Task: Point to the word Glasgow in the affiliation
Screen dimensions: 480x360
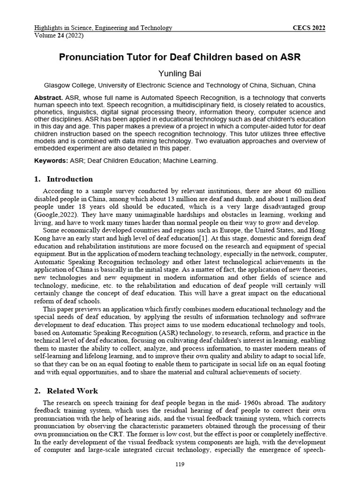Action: [x=57, y=85]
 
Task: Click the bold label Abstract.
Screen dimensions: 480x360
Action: [x=49, y=97]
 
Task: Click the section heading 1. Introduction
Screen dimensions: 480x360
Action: [x=64, y=179]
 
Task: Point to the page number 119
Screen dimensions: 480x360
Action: [x=180, y=465]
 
